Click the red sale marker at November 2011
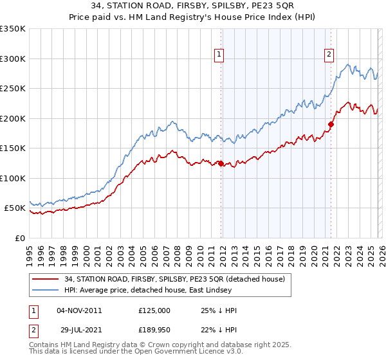(x=221, y=163)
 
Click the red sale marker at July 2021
(x=331, y=125)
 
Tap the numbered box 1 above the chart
(x=219, y=55)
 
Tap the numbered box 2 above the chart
(x=329, y=55)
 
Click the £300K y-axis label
(x=13, y=59)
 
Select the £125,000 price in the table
(x=154, y=310)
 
